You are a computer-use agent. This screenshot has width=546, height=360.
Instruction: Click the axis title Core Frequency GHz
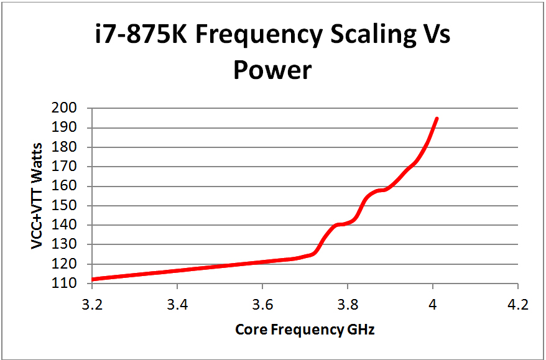tap(305, 330)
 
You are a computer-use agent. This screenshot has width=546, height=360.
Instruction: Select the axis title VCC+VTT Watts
tap(38, 196)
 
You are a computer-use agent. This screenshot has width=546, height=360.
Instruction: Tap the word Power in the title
tap(272, 70)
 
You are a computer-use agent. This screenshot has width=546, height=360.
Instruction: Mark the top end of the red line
tap(437, 118)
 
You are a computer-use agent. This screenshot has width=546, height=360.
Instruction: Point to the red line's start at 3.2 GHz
tap(93, 279)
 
